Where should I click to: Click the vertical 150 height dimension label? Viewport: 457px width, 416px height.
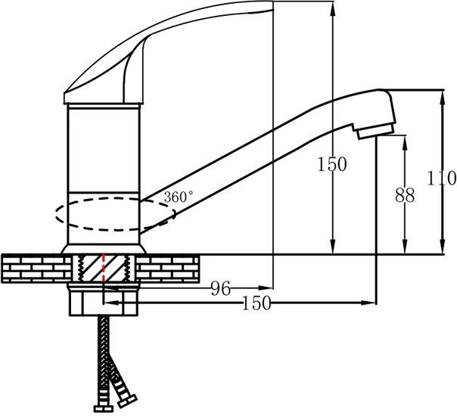[x=332, y=164]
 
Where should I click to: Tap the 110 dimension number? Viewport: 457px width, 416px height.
[x=442, y=178]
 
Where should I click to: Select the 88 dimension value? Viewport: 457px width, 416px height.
[x=405, y=195]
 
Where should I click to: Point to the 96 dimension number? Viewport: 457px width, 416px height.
[x=221, y=288]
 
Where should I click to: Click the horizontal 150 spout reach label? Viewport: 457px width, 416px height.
[x=256, y=303]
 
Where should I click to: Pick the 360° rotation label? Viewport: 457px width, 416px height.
[x=178, y=197]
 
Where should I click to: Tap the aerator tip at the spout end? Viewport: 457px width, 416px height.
[x=376, y=131]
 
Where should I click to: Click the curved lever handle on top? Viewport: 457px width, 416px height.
[x=169, y=52]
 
